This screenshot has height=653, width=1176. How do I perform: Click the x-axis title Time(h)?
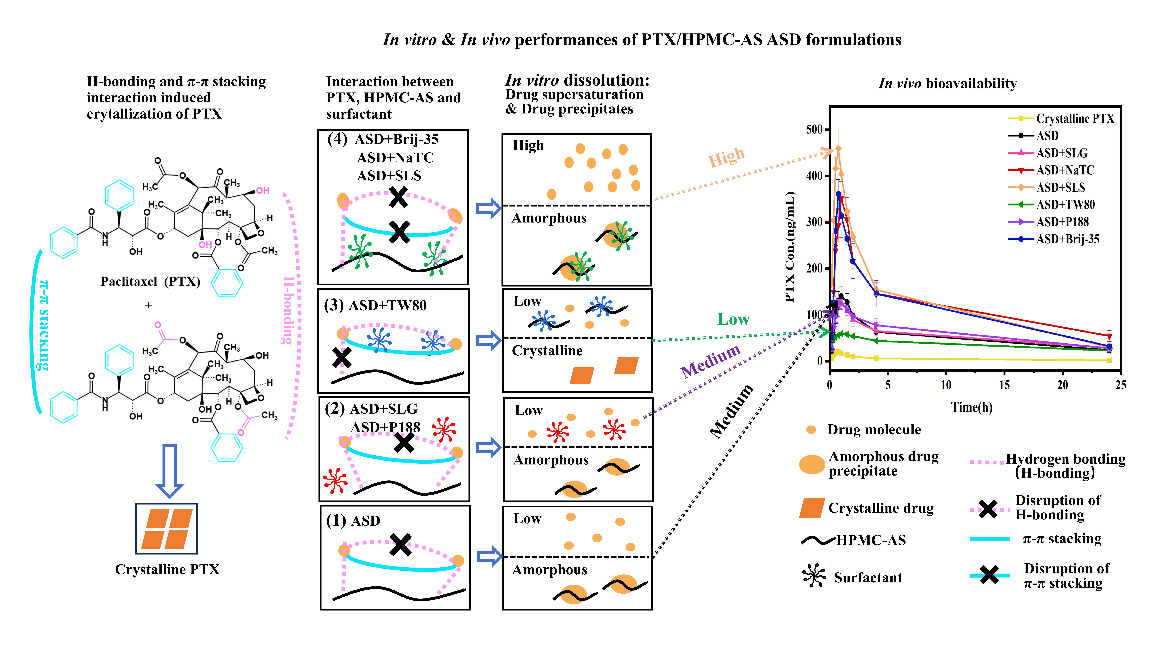(x=972, y=407)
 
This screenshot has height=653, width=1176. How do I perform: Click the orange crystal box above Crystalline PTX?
(x=167, y=528)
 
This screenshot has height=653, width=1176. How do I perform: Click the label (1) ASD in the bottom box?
(x=353, y=521)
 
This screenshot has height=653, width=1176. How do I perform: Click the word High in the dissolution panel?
(x=528, y=146)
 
